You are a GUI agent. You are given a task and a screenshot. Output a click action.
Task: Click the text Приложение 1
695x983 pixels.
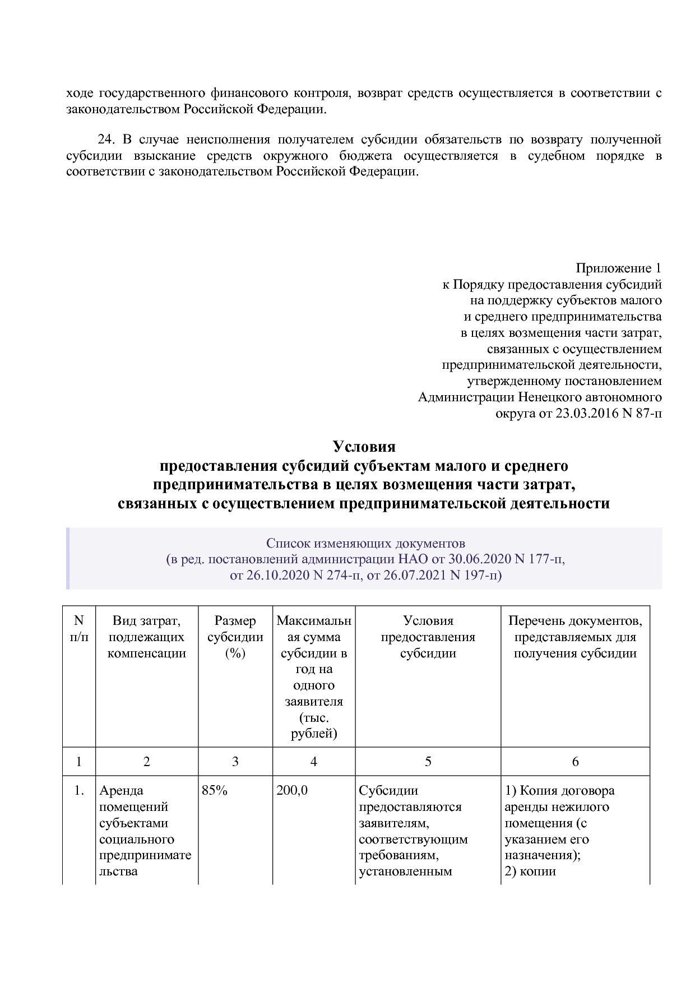(x=618, y=268)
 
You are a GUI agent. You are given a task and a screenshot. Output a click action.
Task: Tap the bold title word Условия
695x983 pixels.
(x=364, y=447)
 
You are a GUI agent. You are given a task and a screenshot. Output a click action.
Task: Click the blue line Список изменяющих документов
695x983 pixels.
(x=365, y=543)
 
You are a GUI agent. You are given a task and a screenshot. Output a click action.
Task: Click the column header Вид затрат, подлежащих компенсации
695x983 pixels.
(x=146, y=637)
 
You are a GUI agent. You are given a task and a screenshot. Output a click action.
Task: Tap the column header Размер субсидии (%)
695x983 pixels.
(x=235, y=637)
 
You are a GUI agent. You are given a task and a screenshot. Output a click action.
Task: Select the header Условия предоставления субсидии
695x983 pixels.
(x=428, y=637)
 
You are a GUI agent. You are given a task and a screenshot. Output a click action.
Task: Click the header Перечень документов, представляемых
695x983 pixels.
(x=575, y=637)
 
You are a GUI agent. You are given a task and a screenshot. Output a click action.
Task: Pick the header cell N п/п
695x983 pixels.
(x=78, y=628)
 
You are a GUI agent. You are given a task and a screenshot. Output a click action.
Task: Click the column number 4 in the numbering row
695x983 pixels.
(x=313, y=761)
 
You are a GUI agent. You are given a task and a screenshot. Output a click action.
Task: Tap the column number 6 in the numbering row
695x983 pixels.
(x=575, y=761)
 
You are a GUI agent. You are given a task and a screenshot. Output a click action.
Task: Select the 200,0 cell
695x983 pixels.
(x=292, y=791)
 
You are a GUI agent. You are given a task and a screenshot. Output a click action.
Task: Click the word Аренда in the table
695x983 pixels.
(x=121, y=791)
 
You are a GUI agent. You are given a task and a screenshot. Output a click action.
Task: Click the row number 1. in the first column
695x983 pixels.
(x=79, y=791)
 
